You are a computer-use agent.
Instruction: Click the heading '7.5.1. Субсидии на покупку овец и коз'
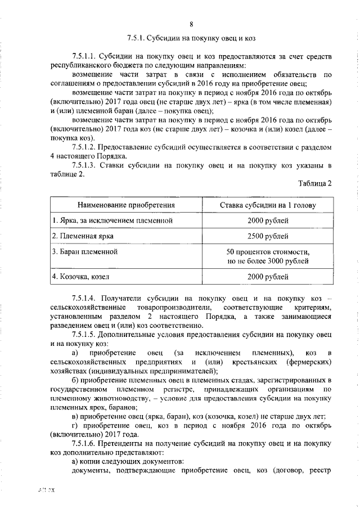pos(191,39)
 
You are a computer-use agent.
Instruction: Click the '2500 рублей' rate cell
pos(268,236)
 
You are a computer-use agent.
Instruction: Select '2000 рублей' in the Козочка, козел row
pos(268,277)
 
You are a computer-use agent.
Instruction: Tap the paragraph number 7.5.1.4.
pos(85,298)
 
